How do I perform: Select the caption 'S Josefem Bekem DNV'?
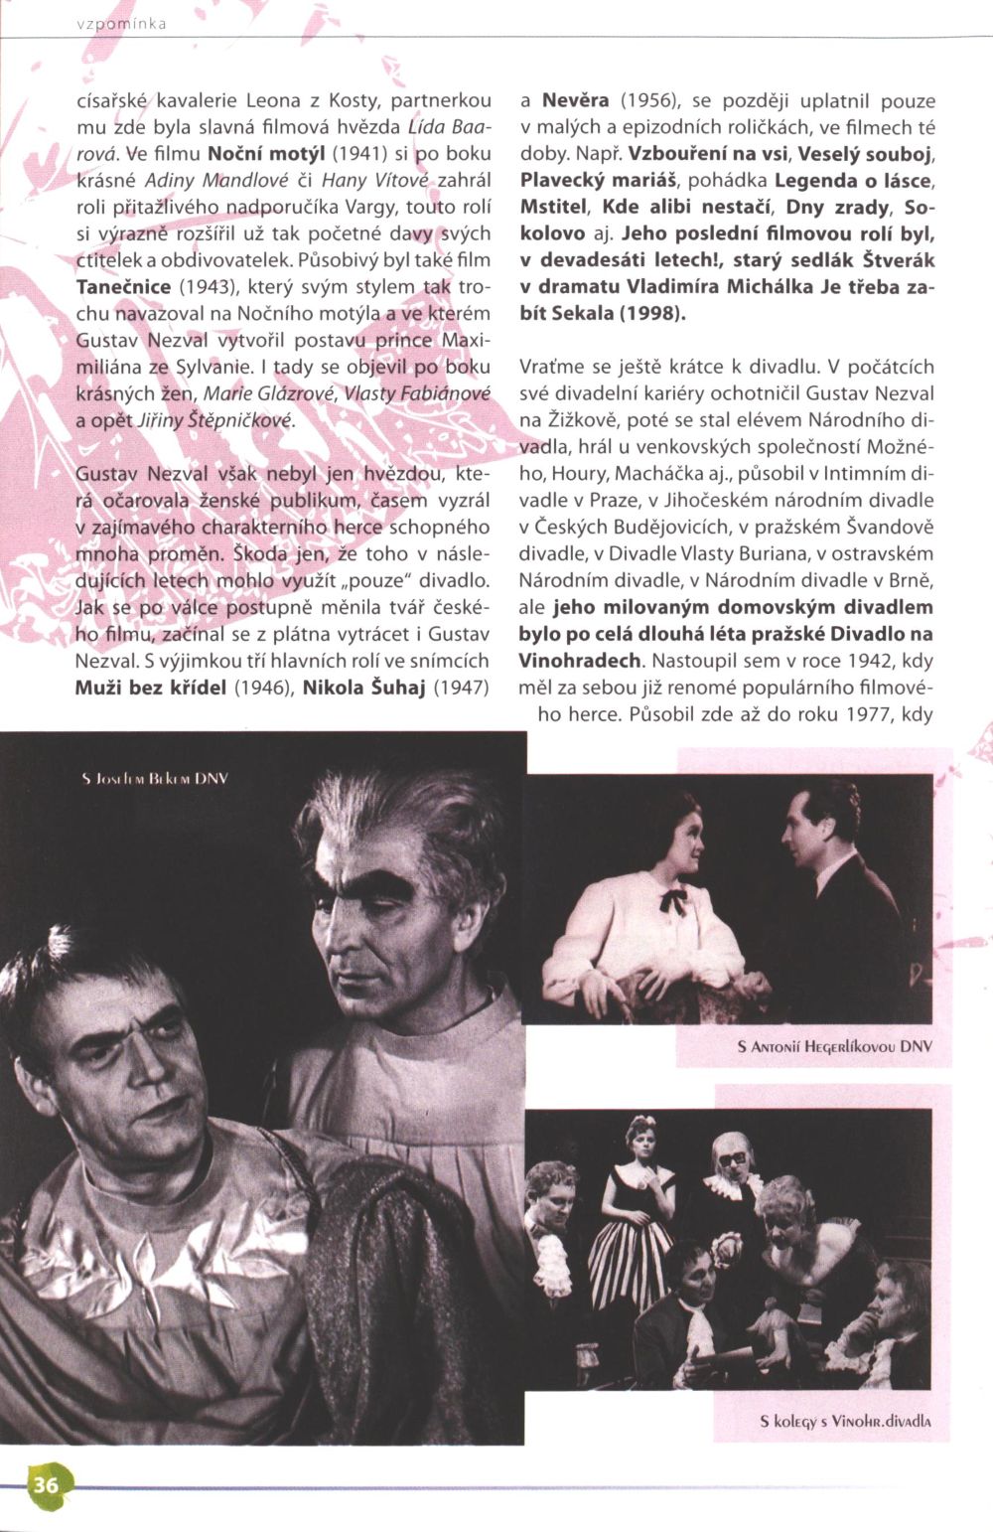tap(155, 778)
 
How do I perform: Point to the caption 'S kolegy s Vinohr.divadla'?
tap(845, 1421)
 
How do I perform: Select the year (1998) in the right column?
tap(651, 312)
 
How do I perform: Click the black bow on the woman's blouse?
tap(675, 900)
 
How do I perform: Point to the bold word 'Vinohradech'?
tap(579, 660)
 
